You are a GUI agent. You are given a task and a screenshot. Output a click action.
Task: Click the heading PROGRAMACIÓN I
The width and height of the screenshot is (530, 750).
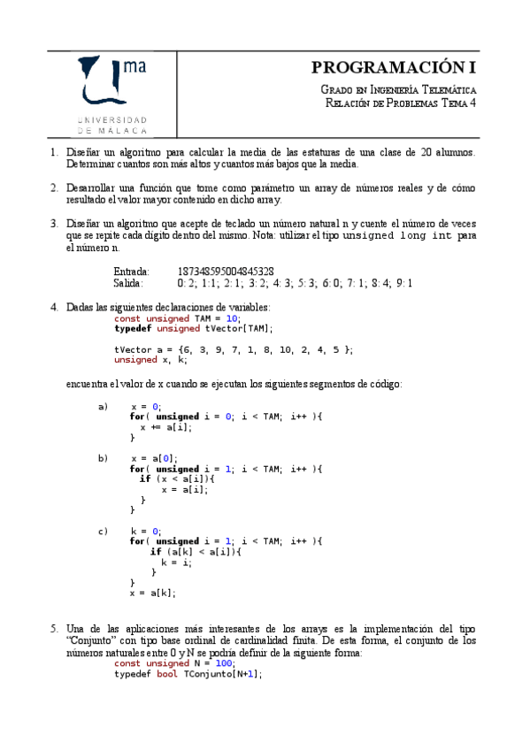(394, 68)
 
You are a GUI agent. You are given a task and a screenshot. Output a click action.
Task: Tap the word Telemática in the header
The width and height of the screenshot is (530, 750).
(448, 90)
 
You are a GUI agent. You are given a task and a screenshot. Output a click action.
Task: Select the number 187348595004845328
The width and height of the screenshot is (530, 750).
(226, 271)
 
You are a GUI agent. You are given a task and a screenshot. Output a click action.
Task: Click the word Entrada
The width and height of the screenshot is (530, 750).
(132, 271)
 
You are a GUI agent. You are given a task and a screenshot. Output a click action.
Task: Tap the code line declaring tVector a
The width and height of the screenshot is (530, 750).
(234, 349)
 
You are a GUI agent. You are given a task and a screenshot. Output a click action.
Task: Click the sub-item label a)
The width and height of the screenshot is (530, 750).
(103, 407)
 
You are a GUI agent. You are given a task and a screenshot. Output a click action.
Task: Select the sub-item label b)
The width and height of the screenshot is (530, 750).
(103, 458)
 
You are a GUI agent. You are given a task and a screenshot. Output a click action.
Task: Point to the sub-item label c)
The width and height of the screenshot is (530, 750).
(103, 532)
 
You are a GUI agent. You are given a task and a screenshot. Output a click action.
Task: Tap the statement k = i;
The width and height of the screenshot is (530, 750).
(176, 562)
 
